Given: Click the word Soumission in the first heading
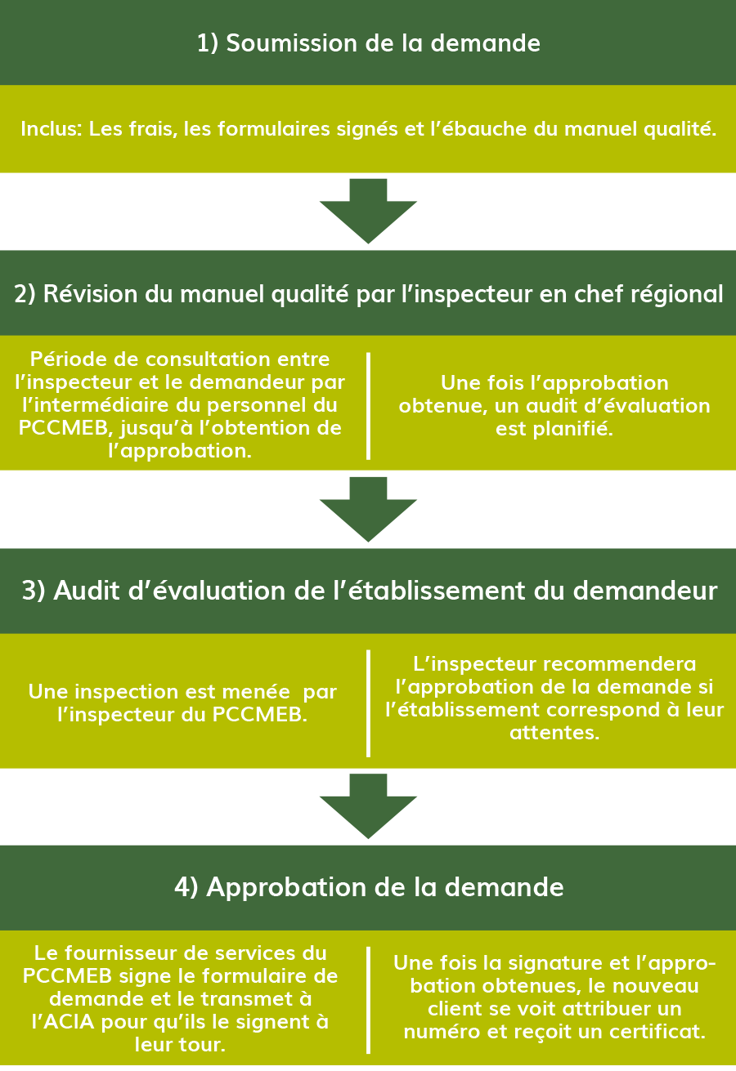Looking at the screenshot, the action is click(x=291, y=43).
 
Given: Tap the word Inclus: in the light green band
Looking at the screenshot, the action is click(x=52, y=128).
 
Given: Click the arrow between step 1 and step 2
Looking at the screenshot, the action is click(x=368, y=211).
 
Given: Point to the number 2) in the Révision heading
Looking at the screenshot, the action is click(x=25, y=293).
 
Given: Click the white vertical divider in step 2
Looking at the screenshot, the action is click(x=368, y=406).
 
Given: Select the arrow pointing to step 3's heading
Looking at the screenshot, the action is click(x=368, y=509).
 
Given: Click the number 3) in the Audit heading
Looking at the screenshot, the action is click(x=34, y=591).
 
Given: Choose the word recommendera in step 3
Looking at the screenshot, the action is click(x=619, y=663).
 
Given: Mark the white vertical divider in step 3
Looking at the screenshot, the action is click(x=368, y=703).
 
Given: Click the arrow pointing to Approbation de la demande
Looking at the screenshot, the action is click(x=368, y=806).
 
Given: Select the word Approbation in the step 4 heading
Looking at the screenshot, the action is click(x=286, y=888).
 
